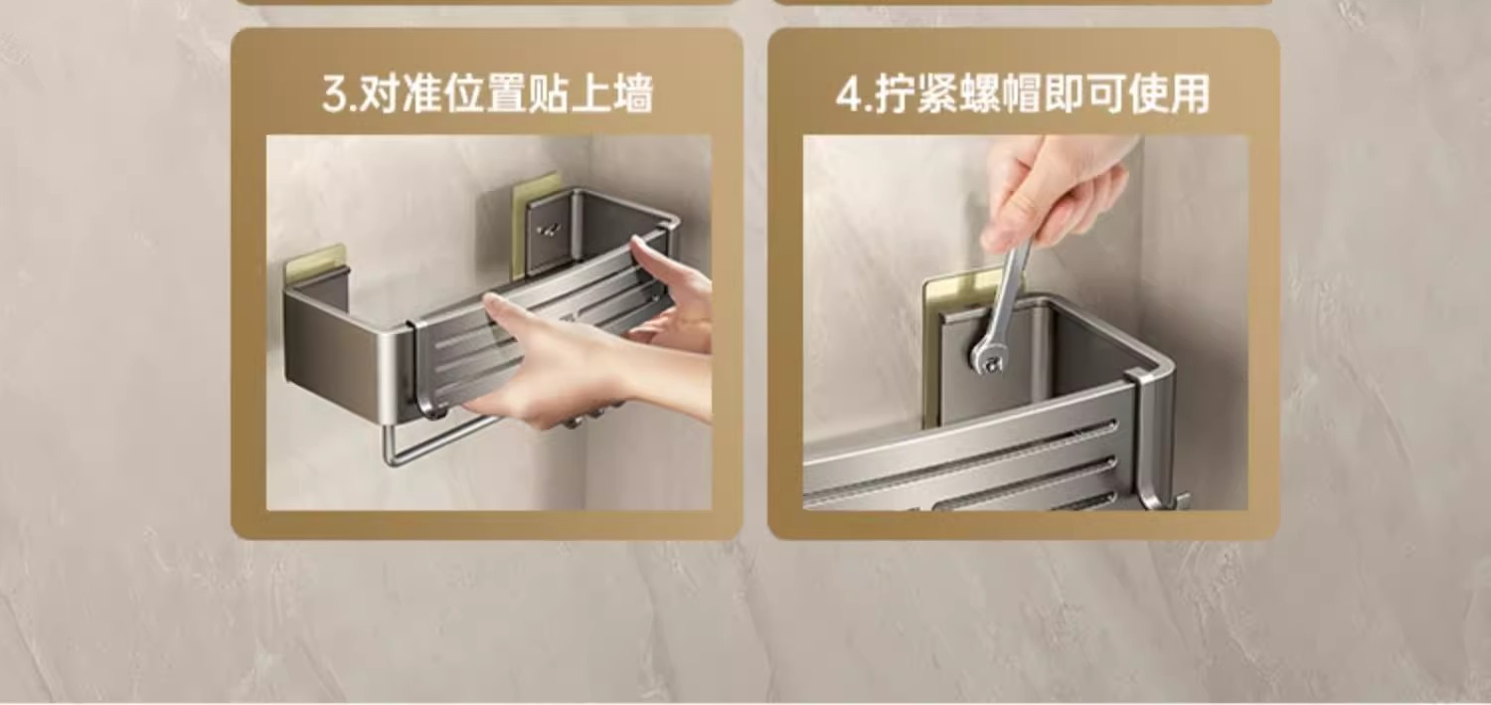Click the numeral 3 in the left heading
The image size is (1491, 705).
[336, 94]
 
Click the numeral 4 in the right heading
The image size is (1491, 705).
[850, 94]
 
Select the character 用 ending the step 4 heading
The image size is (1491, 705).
[1189, 93]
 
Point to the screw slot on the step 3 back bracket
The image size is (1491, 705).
[550, 231]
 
